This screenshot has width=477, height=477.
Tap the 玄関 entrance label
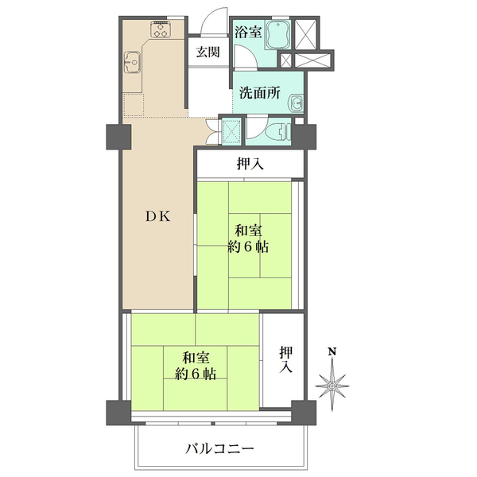point(208,52)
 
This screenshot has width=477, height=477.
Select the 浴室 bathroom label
point(248,33)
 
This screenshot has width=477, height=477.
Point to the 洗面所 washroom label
point(262,91)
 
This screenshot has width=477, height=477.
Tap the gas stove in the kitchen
point(161,31)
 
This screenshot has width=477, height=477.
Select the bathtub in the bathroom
point(279,36)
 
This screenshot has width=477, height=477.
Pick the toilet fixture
point(277,131)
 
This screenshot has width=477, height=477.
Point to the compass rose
point(334,386)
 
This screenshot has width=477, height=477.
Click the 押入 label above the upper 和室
point(250,165)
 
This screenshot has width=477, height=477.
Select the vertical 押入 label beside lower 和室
point(285,359)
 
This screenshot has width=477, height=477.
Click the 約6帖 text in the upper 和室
point(248,247)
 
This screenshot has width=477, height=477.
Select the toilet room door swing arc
point(256,127)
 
